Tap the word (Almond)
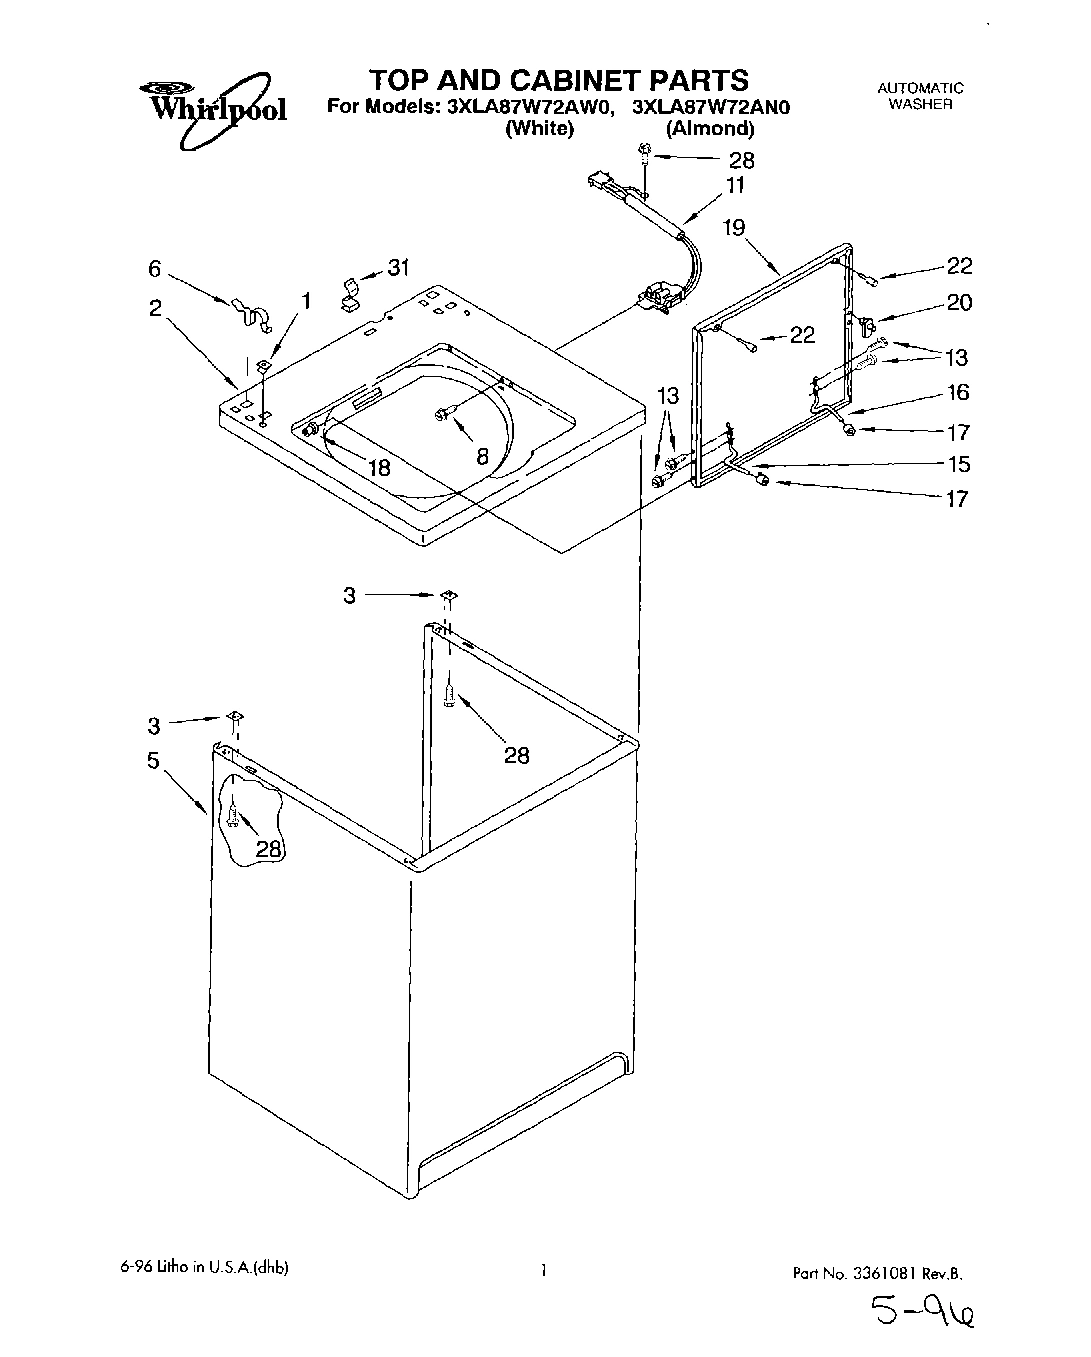coord(710,128)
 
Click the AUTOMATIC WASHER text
coord(920,95)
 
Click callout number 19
coord(734,228)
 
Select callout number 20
coord(959,302)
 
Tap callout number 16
coord(958,393)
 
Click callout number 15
coord(958,464)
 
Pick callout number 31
coord(399,268)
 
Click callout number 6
coord(154,268)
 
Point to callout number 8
coord(482,456)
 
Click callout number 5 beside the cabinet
coord(153,761)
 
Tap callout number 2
coord(155,309)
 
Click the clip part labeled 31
coord(352,290)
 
